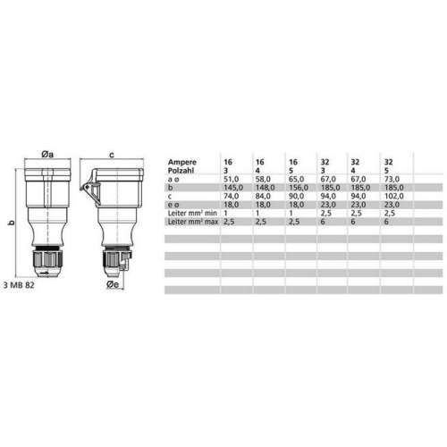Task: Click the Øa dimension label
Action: [47, 155]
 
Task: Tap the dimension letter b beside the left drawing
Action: [12, 223]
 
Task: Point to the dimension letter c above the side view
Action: [112, 155]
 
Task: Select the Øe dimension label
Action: [113, 284]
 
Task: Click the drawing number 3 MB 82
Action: [19, 285]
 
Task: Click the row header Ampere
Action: [182, 162]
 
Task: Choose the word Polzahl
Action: [181, 171]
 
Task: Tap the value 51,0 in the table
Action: [232, 179]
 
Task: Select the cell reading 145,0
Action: [233, 188]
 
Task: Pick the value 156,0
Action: [299, 188]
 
